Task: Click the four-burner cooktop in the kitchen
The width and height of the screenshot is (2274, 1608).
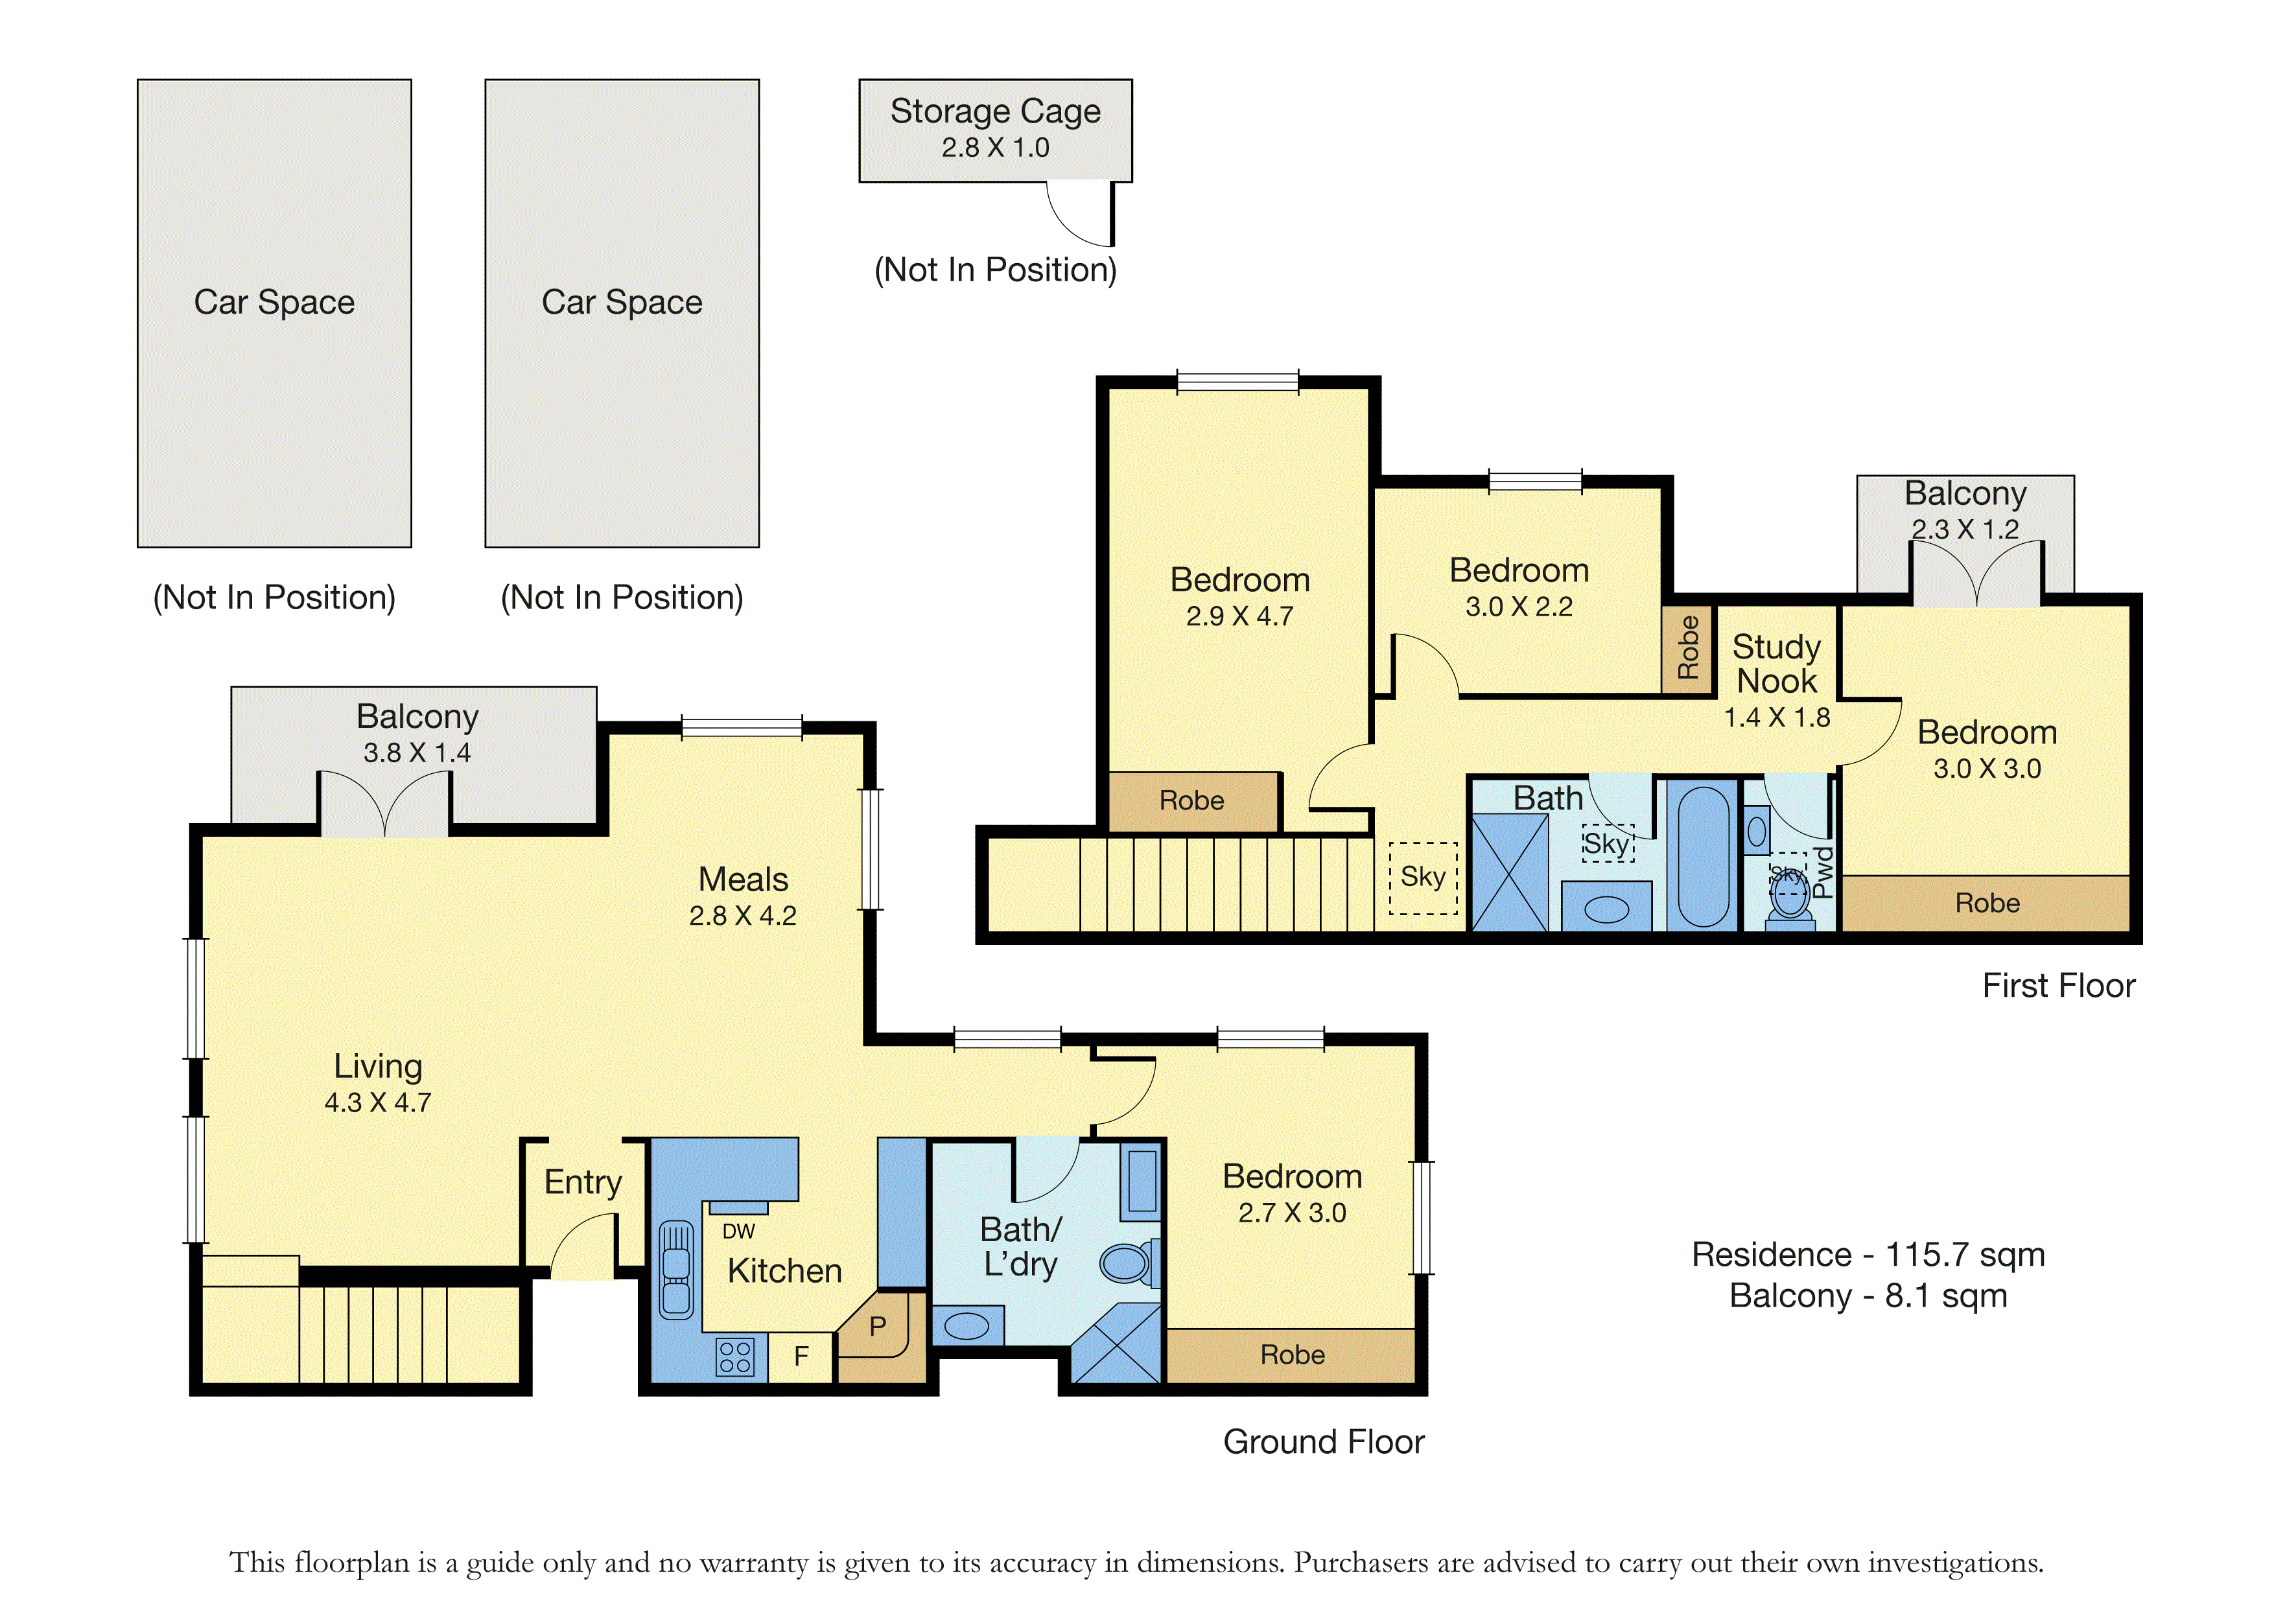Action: click(735, 1357)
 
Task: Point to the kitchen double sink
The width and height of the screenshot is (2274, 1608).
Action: click(677, 1270)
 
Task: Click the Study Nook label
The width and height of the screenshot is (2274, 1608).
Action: click(1777, 664)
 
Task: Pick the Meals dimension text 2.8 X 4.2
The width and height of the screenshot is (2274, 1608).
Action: click(743, 916)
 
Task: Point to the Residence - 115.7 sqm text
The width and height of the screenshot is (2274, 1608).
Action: click(1868, 1255)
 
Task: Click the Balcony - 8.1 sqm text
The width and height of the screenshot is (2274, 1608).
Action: click(1868, 1296)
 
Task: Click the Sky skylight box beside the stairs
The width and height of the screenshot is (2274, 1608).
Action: click(1424, 878)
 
